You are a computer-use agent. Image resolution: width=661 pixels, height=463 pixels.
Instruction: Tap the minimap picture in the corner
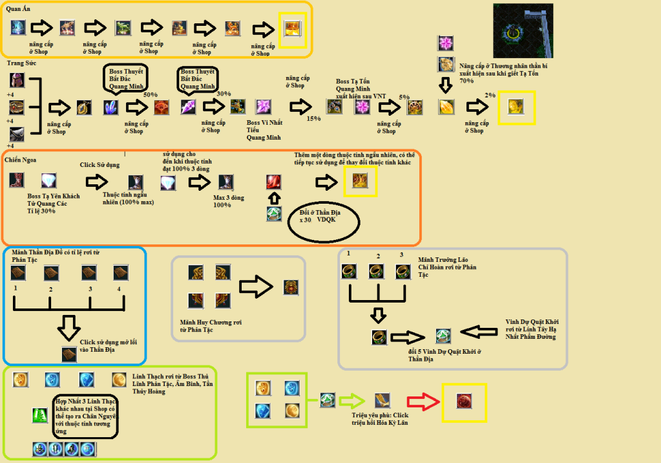click(523, 30)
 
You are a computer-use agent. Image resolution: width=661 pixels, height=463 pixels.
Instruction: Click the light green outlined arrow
click(353, 401)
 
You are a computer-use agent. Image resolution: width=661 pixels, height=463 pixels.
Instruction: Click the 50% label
click(151, 94)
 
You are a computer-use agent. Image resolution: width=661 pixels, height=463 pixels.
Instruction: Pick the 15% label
click(313, 118)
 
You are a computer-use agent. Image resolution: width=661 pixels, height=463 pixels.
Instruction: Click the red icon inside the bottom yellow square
click(463, 400)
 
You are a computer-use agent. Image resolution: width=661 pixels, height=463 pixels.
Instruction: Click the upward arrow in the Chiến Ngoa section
click(275, 199)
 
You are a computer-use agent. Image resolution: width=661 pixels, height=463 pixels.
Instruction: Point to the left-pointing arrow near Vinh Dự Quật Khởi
click(480, 334)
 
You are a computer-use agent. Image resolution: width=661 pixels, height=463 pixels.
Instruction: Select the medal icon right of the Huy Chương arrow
click(291, 287)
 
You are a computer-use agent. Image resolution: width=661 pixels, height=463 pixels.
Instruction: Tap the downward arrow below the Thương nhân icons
click(445, 85)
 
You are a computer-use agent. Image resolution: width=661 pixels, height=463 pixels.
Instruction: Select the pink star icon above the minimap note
click(446, 43)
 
